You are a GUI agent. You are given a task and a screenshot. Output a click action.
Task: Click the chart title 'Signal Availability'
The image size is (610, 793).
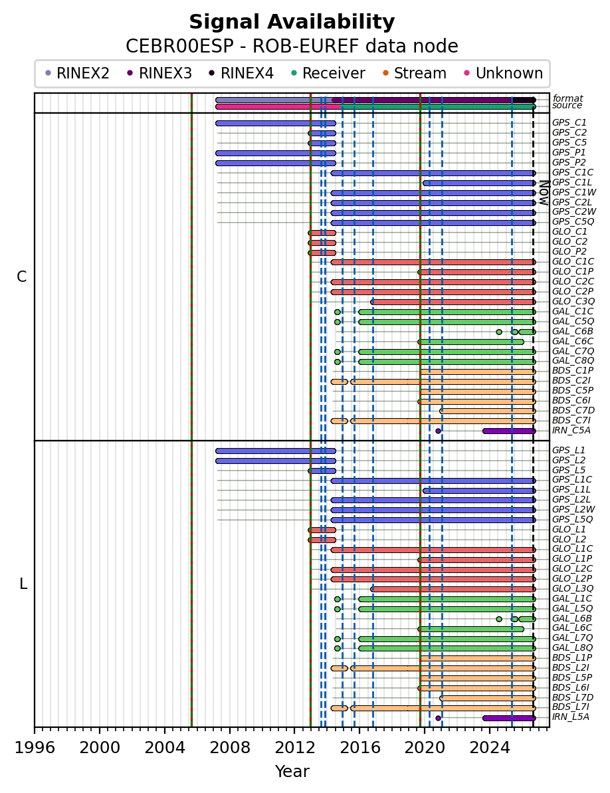click(292, 22)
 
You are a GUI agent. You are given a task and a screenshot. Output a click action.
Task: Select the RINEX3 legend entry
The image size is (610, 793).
click(159, 73)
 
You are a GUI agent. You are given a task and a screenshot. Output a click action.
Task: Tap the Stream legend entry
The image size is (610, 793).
click(415, 73)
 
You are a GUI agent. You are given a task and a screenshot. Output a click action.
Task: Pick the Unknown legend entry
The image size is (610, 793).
click(504, 73)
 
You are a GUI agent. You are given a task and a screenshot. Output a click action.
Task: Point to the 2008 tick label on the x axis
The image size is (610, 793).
click(229, 747)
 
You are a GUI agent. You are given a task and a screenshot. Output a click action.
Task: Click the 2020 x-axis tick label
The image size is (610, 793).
click(425, 747)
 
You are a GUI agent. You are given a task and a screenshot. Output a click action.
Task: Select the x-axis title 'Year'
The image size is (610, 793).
click(292, 771)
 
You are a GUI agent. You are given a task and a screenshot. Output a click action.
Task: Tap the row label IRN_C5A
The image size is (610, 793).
click(571, 430)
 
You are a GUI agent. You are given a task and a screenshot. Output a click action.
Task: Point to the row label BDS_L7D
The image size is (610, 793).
click(573, 697)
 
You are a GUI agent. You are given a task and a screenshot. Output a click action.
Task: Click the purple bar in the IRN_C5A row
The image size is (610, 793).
click(509, 431)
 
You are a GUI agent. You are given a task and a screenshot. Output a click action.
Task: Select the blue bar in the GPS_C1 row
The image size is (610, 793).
click(276, 124)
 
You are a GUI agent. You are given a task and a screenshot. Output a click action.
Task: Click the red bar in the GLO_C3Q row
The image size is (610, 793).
click(453, 302)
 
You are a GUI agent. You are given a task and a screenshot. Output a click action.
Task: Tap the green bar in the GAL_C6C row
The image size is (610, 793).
click(470, 342)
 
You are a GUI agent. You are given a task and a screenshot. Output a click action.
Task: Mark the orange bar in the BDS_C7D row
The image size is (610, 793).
click(488, 411)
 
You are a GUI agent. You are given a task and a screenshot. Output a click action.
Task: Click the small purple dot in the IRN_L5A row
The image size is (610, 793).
click(438, 718)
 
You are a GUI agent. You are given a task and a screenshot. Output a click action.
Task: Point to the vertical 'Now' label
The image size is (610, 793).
click(544, 193)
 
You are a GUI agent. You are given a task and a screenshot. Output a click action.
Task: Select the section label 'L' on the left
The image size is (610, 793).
click(23, 584)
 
